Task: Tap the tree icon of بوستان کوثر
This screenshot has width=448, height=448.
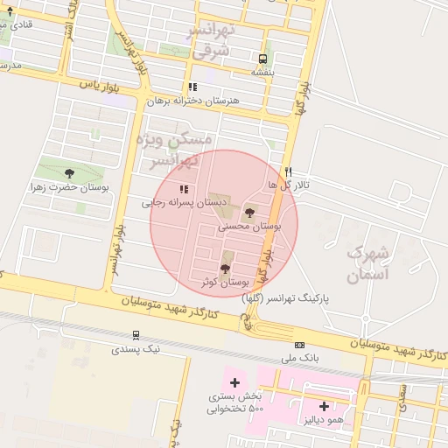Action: pos(226,269)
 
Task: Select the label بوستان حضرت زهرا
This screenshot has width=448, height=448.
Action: pos(70,186)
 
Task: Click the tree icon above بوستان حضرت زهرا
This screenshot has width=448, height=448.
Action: pos(69,173)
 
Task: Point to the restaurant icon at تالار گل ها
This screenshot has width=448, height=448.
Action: pos(288,172)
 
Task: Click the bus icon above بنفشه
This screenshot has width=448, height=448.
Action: pos(262,59)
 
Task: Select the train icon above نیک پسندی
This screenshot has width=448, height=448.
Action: pos(136,335)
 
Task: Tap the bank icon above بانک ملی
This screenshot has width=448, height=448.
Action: pos(300,345)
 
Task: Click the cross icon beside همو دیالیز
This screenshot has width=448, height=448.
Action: pos(324,406)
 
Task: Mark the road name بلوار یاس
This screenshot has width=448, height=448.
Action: pos(98,86)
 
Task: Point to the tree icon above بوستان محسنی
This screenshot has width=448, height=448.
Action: pos(249,213)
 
